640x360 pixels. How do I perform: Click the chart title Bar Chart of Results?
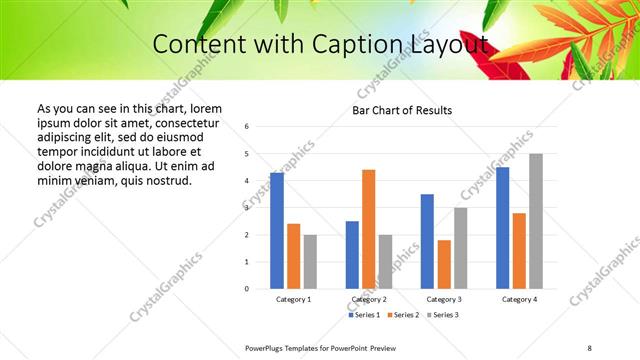(403, 110)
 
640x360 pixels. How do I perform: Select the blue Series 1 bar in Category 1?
(277, 231)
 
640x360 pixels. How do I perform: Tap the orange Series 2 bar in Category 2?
(368, 229)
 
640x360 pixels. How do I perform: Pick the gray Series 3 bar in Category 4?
(536, 221)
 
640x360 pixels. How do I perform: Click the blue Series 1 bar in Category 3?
(427, 241)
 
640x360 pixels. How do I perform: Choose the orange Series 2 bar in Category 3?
(444, 264)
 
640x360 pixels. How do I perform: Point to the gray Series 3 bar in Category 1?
(310, 261)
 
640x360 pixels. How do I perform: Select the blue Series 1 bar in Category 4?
(502, 228)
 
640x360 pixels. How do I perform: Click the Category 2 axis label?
(369, 299)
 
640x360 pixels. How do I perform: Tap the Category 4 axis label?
(519, 299)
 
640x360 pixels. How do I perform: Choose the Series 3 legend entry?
(443, 315)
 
